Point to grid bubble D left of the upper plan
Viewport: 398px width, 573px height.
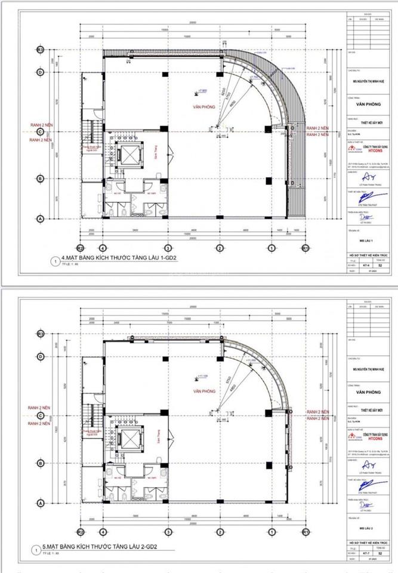(40, 72)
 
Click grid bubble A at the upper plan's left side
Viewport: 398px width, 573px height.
(40, 219)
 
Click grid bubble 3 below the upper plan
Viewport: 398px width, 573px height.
(168, 247)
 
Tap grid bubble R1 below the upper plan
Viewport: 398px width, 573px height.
(305, 247)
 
